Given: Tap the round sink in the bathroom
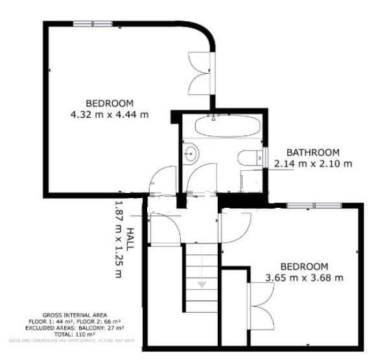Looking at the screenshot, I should (x=191, y=154).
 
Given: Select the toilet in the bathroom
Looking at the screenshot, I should (x=249, y=157).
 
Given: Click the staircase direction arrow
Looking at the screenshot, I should (x=202, y=284).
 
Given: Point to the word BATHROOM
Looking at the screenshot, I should (x=313, y=152).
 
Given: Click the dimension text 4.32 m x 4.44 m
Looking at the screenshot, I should (x=110, y=115).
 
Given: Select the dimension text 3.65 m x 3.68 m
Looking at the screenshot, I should (x=304, y=278).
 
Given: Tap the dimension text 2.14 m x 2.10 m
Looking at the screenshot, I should (x=313, y=164).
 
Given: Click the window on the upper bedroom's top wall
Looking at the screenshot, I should (x=93, y=25).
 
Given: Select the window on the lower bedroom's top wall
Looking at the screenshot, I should (x=314, y=206).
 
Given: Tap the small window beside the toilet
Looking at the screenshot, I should (x=266, y=157).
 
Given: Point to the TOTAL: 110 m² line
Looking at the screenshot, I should (x=70, y=333).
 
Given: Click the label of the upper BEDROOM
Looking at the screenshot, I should (x=110, y=104).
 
